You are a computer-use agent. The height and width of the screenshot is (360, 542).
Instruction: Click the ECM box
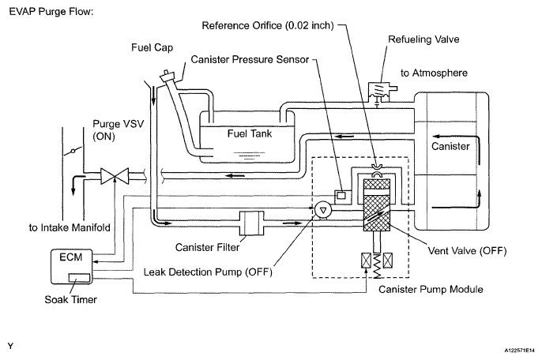pos(72,266)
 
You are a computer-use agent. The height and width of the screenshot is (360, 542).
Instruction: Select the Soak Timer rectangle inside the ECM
pos(79,278)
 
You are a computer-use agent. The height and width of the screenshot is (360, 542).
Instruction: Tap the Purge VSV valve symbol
pos(115,176)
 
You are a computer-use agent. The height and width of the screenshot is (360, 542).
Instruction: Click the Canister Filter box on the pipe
pos(251,223)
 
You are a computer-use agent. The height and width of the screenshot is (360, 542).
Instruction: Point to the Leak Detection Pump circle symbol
pos(323,210)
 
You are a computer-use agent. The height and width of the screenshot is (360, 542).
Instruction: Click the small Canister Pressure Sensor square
pos(341,195)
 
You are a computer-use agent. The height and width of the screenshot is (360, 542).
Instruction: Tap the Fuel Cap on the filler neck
pos(168,75)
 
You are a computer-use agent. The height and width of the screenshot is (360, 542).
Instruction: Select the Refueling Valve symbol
pos(380,92)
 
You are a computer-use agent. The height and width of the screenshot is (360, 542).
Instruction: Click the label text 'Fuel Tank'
pos(249,133)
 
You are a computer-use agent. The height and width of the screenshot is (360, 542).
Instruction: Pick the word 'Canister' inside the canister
pos(450,146)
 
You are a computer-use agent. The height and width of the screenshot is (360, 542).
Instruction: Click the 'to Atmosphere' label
pos(434,73)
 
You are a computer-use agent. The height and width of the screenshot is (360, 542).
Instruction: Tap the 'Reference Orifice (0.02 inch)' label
pos(268,25)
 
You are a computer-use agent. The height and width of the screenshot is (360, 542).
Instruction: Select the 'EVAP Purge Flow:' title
pos(51,11)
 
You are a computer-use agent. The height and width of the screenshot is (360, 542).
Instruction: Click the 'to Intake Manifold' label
pos(70,227)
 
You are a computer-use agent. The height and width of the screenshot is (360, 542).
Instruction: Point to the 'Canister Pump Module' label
pos(431,289)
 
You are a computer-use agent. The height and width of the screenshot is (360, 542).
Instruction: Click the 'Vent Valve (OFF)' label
pos(468,251)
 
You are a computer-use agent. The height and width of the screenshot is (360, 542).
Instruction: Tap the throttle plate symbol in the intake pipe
pos(73,151)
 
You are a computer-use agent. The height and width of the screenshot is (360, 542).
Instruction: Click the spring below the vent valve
pos(377,266)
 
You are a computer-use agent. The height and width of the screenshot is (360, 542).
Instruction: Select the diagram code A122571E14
pos(519,351)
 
